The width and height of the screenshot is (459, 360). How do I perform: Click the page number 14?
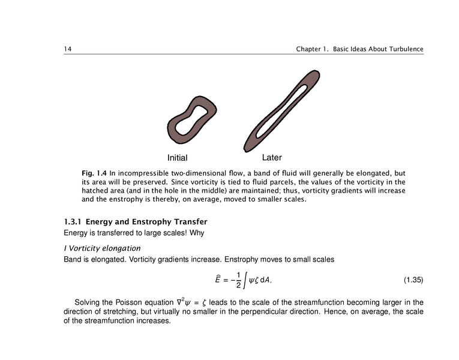pyautogui.click(x=68, y=49)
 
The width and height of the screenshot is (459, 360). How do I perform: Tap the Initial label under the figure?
pyautogui.click(x=177, y=158)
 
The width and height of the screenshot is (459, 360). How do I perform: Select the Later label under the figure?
pyautogui.click(x=272, y=158)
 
